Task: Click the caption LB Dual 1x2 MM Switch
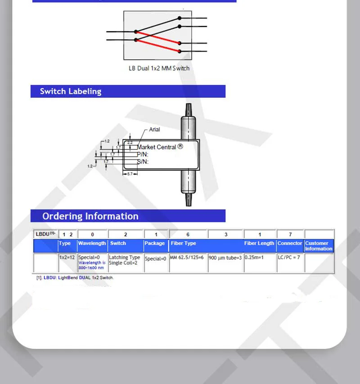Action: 159,68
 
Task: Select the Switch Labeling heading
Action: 71,91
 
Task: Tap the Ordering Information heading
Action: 90,216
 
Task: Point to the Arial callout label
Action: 154,130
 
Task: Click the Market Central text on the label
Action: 157,147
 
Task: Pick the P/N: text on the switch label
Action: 143,154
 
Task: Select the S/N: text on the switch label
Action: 143,162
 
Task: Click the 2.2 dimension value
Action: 130,142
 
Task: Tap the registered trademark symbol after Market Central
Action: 180,146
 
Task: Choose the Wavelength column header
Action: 92,243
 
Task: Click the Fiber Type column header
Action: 184,243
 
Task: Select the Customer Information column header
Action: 319,246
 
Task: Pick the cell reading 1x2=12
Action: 67,258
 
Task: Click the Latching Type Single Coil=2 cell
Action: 125,260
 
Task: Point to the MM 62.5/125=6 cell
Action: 187,258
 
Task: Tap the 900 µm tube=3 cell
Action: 225,258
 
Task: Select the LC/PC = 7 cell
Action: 289,258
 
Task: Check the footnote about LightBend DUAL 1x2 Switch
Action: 75,278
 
